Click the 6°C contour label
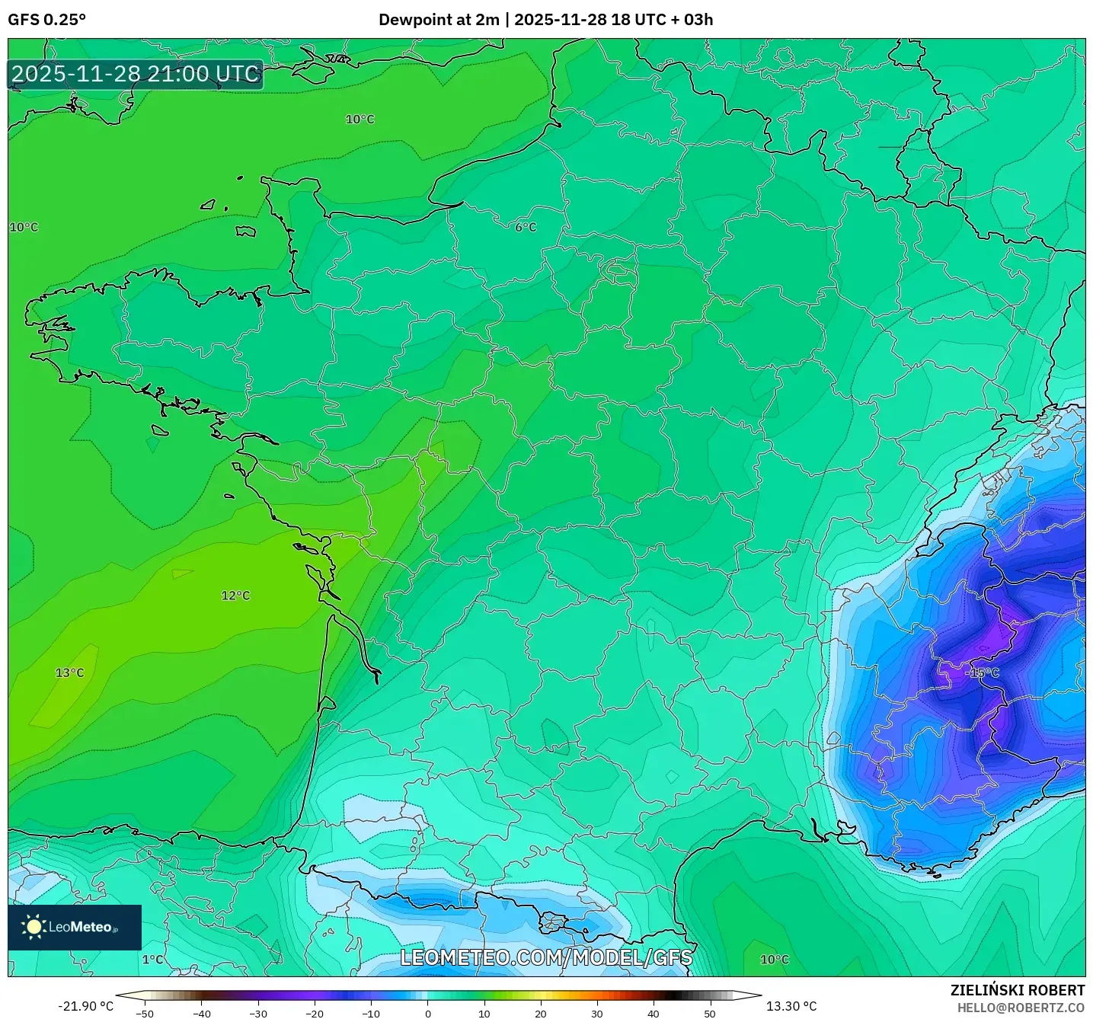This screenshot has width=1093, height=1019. click(x=526, y=227)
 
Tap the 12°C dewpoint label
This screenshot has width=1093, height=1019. click(x=235, y=596)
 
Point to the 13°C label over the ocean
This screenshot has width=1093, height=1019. click(x=70, y=672)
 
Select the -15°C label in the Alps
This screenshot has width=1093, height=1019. click(x=982, y=672)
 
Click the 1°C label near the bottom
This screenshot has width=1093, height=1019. click(x=152, y=960)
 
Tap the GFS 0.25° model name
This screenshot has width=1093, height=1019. click(x=46, y=20)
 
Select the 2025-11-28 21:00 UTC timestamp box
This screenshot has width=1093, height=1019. click(x=136, y=74)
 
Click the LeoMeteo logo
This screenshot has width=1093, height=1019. click(x=75, y=927)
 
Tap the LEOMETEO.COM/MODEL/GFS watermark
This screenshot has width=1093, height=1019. click(x=546, y=957)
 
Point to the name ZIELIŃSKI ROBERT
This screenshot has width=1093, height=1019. click(x=1018, y=990)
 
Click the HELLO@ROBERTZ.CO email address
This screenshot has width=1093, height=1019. click(x=1021, y=1008)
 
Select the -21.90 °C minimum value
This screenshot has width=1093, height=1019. click(x=85, y=1006)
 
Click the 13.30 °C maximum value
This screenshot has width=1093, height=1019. click(x=791, y=1006)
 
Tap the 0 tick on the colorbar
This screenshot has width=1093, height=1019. click(x=427, y=1014)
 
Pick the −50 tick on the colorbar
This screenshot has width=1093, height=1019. click(x=144, y=1014)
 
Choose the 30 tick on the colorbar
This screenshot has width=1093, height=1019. click(x=596, y=1014)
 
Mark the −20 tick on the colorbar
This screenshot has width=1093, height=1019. click(x=314, y=1014)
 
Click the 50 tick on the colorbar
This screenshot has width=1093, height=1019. click(x=709, y=1014)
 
